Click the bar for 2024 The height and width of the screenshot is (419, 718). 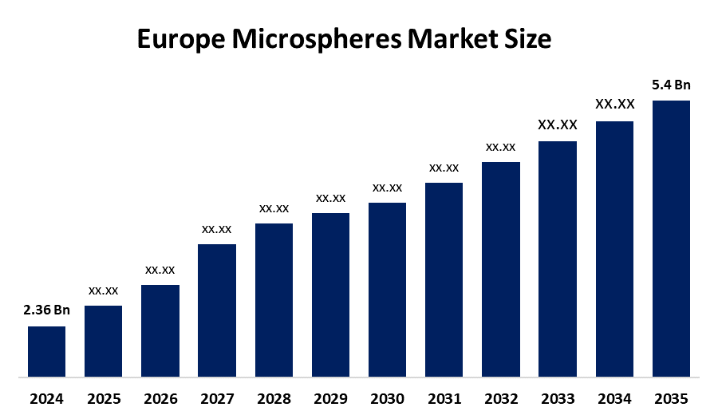click(46, 351)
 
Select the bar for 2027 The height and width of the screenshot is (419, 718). click(217, 310)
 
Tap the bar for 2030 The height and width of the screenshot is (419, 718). click(387, 289)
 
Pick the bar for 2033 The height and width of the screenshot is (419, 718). click(557, 259)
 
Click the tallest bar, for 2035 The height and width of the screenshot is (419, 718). click(671, 238)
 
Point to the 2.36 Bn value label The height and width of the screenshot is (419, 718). click(46, 310)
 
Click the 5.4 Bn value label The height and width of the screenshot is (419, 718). click(671, 85)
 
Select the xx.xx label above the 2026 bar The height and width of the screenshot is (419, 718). click(160, 270)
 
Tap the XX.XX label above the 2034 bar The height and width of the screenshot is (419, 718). click(614, 105)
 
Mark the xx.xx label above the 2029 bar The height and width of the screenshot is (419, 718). click(330, 198)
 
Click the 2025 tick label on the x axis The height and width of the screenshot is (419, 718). click(103, 398)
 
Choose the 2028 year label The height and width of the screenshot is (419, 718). click(274, 398)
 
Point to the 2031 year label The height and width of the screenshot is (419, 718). click(444, 398)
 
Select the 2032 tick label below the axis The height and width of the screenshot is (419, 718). click(500, 398)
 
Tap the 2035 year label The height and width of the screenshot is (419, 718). click(671, 398)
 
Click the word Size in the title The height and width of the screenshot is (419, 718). click(530, 38)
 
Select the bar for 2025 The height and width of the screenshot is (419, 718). click(103, 341)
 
